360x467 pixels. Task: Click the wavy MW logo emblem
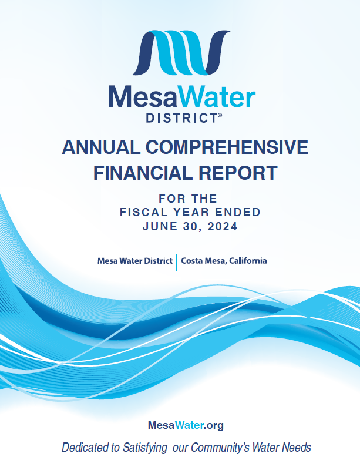[181, 53]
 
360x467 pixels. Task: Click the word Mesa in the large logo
[143, 97]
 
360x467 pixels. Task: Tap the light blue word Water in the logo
[217, 97]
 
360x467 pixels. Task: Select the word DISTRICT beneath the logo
[181, 118]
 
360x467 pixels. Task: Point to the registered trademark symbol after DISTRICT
[220, 115]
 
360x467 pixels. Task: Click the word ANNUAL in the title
[101, 147]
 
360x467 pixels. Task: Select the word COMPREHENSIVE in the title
[227, 147]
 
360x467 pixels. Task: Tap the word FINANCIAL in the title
[143, 173]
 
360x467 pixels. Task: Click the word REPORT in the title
[238, 173]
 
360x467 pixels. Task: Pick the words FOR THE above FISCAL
[188, 199]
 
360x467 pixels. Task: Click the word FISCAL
[144, 213]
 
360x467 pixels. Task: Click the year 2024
[223, 227]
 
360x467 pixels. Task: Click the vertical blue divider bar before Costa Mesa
[177, 263]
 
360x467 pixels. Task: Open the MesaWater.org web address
[186, 425]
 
